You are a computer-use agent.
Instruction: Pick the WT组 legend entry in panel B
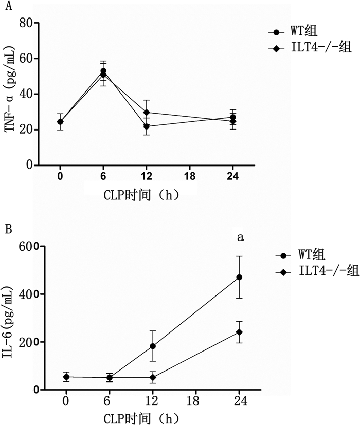point(303,255)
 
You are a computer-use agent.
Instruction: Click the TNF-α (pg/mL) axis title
point(10,94)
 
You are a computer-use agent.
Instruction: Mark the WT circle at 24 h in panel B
point(239,278)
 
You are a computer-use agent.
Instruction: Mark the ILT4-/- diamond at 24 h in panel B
point(239,332)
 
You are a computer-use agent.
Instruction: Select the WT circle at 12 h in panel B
point(153,346)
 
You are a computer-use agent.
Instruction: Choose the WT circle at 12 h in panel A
point(147,126)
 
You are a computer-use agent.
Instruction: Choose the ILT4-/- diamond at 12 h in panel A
point(147,112)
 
